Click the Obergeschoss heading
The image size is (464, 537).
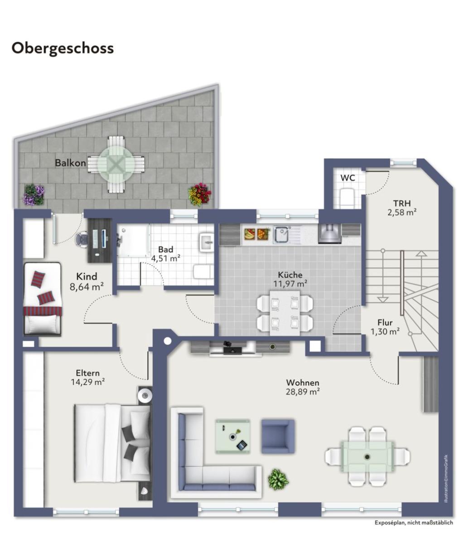pyautogui.click(x=63, y=48)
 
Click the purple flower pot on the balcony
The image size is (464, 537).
pyautogui.click(x=34, y=194)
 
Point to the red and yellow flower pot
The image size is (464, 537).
pyautogui.click(x=199, y=194)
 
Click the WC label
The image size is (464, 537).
pyautogui.click(x=348, y=178)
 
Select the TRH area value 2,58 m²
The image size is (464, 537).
pyautogui.click(x=402, y=212)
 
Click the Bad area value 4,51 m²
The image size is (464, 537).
pyautogui.click(x=166, y=258)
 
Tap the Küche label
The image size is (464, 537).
pyautogui.click(x=290, y=275)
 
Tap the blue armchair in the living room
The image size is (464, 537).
pyautogui.click(x=277, y=436)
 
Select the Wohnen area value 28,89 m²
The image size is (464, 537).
pyautogui.click(x=303, y=392)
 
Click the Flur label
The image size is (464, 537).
pyautogui.click(x=385, y=323)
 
